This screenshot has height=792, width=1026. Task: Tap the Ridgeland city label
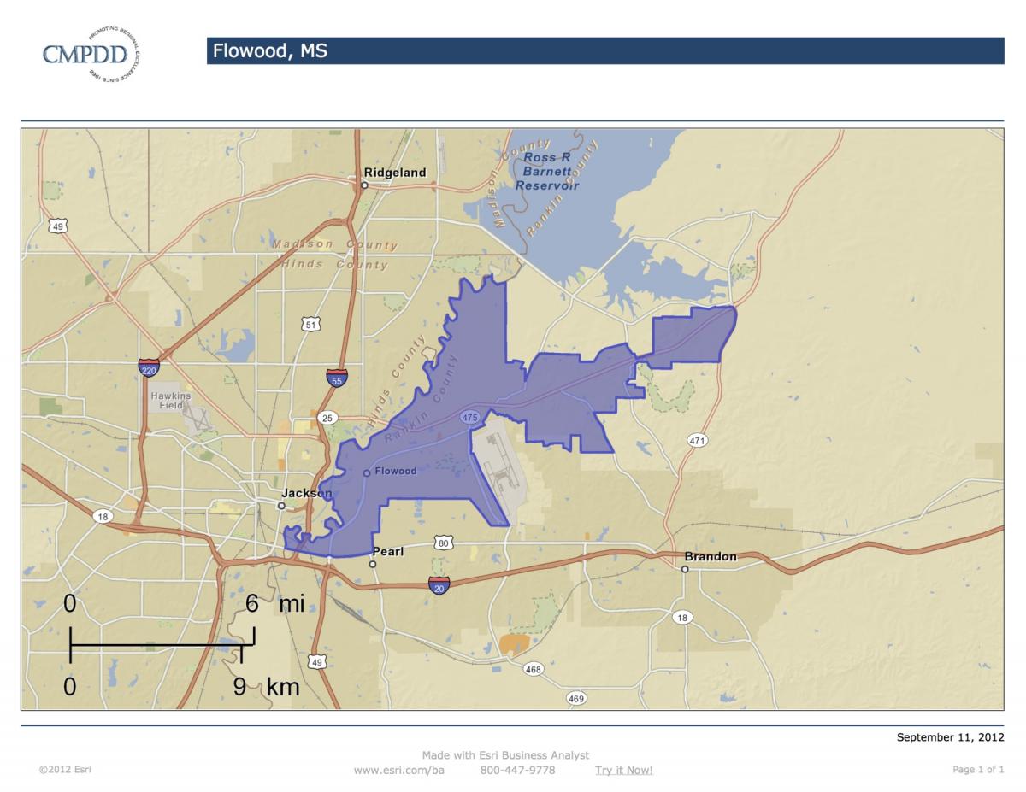[x=394, y=173]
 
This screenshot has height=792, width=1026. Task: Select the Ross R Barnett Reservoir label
[x=548, y=172]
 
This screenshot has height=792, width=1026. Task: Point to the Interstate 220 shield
[x=149, y=368]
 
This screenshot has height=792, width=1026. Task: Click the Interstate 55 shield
[x=337, y=378]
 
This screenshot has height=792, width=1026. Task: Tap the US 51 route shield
[x=311, y=324]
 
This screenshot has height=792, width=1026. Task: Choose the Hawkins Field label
[x=171, y=402]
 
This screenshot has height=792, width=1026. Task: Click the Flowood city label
[x=396, y=472]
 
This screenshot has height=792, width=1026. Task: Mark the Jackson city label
[x=306, y=494]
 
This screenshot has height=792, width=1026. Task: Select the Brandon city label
[x=710, y=557]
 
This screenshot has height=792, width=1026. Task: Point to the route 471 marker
[x=697, y=440]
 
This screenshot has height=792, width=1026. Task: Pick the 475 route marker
[x=469, y=417]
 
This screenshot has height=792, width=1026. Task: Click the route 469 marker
[x=577, y=699]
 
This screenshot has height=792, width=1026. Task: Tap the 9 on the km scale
[x=240, y=685]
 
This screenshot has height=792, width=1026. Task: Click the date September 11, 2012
[x=950, y=737]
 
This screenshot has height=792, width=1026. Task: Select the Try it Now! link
[x=623, y=770]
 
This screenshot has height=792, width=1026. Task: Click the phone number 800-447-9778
[x=517, y=770]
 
